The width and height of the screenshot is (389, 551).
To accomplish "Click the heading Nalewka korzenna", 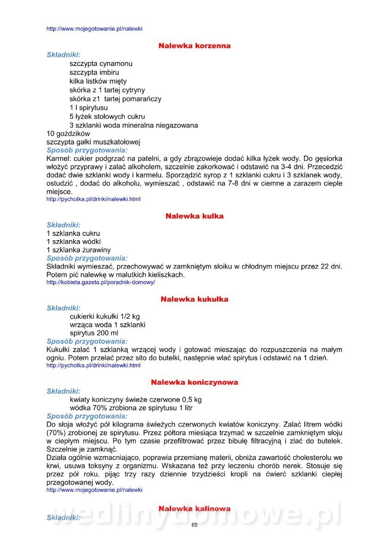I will [194, 46].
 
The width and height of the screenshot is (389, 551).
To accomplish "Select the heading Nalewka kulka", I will [194, 216].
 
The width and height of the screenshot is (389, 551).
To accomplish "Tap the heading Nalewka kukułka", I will [194, 299].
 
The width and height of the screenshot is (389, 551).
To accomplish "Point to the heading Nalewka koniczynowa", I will [194, 382].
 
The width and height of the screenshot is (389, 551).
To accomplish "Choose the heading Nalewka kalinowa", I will [194, 509].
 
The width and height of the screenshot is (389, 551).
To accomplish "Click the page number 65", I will [194, 525].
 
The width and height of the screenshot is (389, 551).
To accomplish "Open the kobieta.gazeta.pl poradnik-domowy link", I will [101, 282].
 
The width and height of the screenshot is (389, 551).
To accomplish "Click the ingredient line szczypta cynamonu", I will [101, 64].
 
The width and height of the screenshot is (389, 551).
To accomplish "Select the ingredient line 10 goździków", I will [68, 134].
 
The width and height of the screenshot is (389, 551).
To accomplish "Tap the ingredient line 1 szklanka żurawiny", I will [78, 250].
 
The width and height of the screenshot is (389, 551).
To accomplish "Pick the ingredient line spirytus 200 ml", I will [94, 333].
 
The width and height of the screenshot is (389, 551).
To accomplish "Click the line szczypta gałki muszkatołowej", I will [93, 142].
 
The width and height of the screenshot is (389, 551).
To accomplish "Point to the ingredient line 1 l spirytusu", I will [89, 107].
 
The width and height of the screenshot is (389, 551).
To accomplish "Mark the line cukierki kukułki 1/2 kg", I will [105, 316].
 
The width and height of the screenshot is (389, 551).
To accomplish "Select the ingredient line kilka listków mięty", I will [98, 81].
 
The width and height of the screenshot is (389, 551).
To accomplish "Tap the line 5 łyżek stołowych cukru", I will [107, 117].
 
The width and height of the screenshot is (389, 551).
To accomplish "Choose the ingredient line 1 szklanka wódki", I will [73, 242].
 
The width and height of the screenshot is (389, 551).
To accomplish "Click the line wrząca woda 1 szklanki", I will [108, 325].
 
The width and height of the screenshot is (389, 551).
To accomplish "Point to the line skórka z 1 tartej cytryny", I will [107, 90].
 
